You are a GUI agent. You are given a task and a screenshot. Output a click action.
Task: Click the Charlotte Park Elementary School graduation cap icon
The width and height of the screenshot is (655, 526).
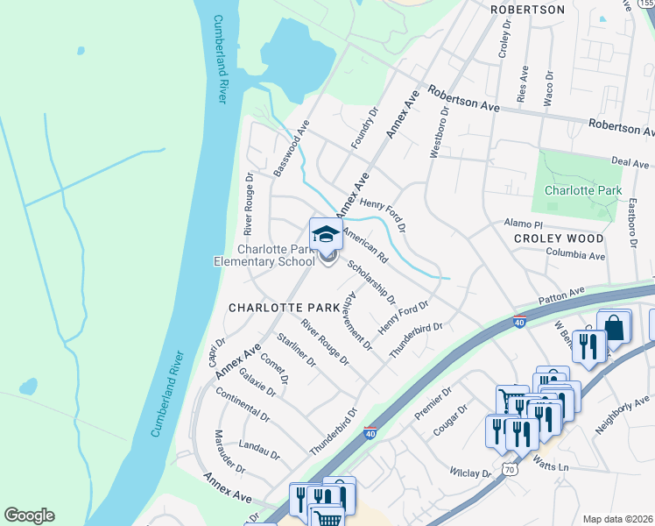(326, 234)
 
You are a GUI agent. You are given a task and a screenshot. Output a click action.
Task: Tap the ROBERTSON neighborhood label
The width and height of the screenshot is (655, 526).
(527, 10)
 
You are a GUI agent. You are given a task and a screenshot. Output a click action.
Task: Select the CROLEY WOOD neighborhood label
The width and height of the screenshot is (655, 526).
(559, 238)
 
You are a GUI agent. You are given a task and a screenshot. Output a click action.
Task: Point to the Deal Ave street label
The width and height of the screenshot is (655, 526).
(630, 163)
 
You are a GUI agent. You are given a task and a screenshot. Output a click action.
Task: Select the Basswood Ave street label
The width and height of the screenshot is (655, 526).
(292, 153)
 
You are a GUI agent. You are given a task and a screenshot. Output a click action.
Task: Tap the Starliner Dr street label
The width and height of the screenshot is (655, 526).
(294, 351)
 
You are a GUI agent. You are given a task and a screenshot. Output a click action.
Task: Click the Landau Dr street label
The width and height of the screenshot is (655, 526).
(258, 449)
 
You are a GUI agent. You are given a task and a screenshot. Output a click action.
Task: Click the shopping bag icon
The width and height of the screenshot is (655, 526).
(615, 328)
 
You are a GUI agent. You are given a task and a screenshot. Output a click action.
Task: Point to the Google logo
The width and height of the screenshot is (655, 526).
(29, 515)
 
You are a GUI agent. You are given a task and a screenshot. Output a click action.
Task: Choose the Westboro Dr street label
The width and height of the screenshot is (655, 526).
(439, 133)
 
